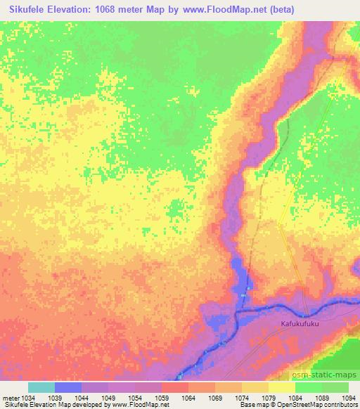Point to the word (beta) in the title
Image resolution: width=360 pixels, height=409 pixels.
click(x=278, y=10)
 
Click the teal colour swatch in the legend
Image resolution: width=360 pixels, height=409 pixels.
click(x=41, y=387)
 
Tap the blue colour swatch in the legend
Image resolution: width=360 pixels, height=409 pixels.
click(x=68, y=387)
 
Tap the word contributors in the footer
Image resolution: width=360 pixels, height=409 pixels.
click(x=340, y=405)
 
